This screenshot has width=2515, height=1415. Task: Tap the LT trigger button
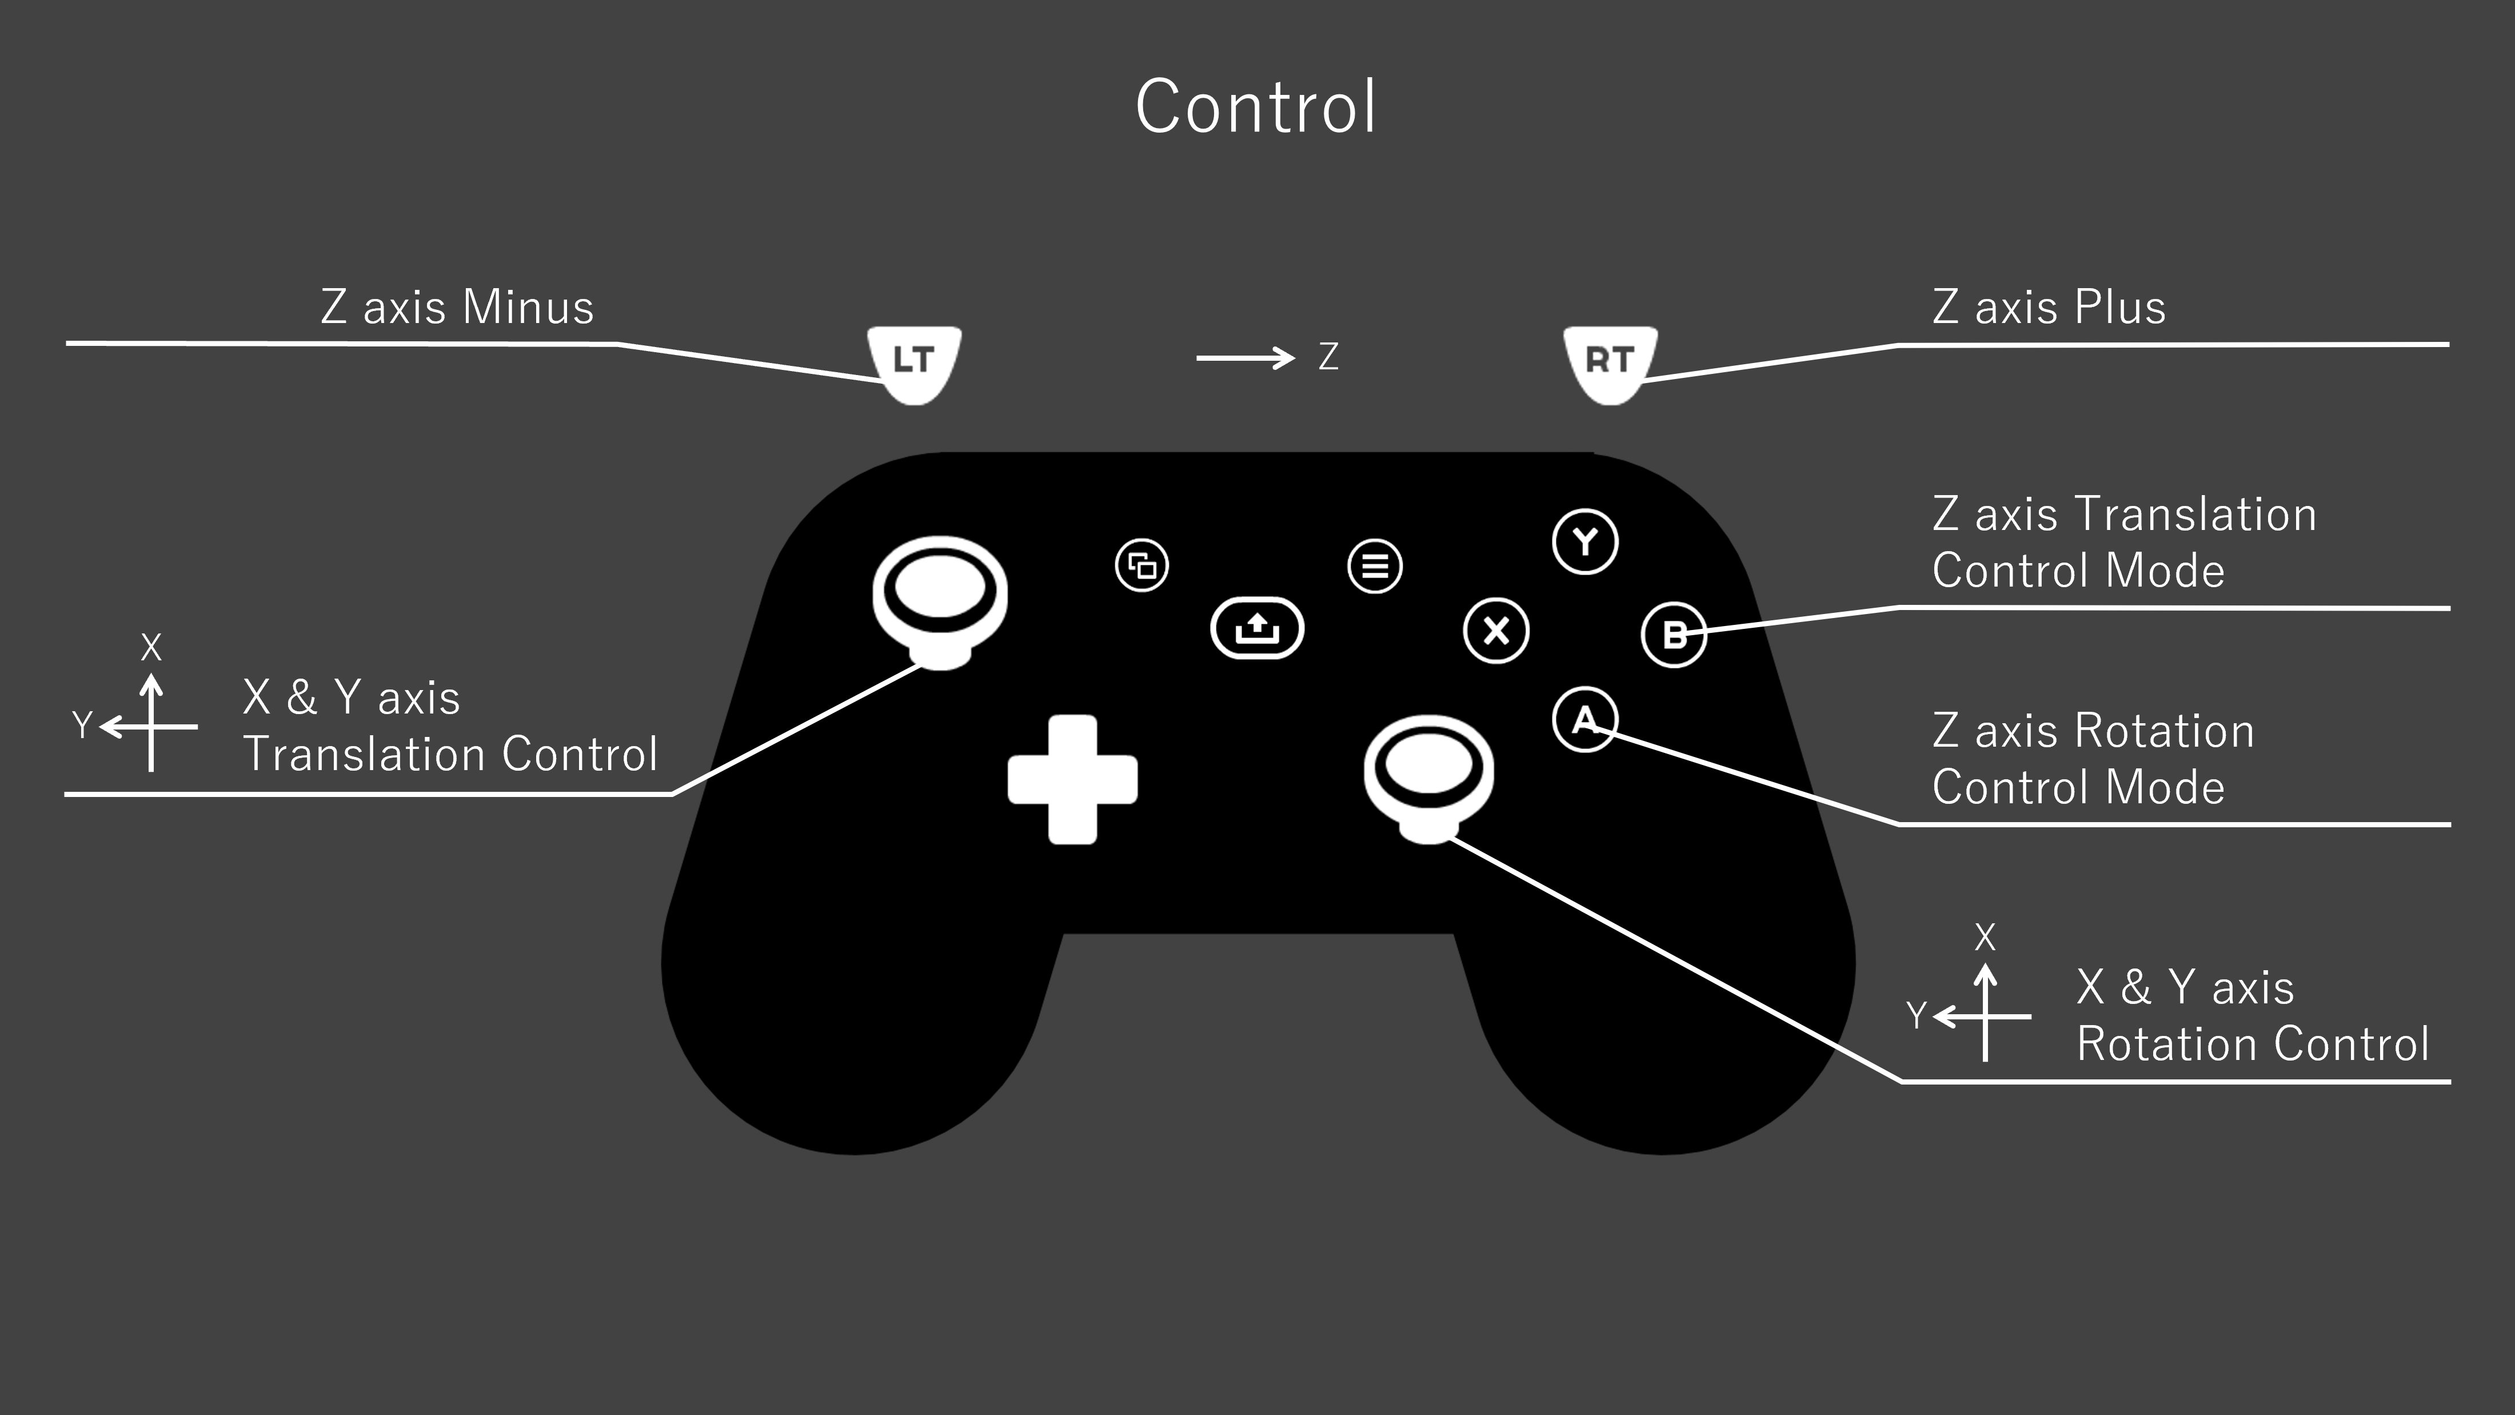coord(914,361)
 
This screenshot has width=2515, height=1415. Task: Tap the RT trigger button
coord(1609,361)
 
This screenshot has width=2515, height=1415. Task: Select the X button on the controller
coord(1496,631)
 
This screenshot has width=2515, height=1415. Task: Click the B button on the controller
coord(1674,635)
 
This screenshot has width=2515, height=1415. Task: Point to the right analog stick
coord(1428,771)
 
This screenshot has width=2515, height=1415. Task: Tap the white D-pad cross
coord(1072,779)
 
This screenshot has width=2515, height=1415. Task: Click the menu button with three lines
coord(1375,567)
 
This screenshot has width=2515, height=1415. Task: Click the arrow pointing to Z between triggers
coord(1245,358)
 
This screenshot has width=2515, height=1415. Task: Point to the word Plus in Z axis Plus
coord(2119,308)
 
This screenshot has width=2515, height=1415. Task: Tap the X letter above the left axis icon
coord(150,647)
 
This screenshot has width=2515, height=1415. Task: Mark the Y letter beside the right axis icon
coord(1917,1015)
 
